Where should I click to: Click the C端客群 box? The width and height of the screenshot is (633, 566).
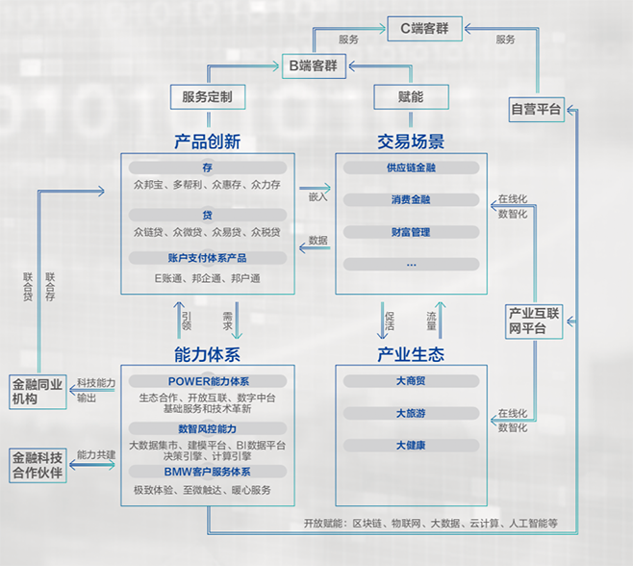coord(424,29)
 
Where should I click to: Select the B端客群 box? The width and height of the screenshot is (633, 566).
coord(314,65)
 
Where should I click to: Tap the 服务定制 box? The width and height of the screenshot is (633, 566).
coord(208,97)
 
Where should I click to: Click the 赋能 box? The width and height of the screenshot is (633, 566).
coord(411,97)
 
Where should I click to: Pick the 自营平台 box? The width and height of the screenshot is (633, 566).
coord(536,109)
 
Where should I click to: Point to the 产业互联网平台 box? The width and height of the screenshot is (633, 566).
coord(534,322)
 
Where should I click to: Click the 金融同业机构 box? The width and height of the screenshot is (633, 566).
coord(38,392)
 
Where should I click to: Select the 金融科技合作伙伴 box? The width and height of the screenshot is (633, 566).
coord(38,465)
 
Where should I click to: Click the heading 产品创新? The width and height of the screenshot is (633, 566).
coord(208,141)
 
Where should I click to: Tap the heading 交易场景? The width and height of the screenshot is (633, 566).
coord(411,141)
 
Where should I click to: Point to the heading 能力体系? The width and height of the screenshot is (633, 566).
coord(208,354)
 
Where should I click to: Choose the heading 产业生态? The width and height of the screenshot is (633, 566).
coord(411,354)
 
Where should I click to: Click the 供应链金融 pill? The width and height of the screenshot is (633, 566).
coord(412,167)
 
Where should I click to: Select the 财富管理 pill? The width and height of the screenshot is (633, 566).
coord(412,232)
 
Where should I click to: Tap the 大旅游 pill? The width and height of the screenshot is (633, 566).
coord(412,413)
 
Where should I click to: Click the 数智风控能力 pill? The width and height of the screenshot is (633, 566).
coord(208,428)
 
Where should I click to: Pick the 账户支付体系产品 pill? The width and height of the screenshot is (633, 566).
coord(208,258)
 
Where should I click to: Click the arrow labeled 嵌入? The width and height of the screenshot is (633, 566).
coord(315,188)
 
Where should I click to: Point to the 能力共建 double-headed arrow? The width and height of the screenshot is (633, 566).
coord(92,465)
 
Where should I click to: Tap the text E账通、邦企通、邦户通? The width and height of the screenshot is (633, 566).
coord(208,278)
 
